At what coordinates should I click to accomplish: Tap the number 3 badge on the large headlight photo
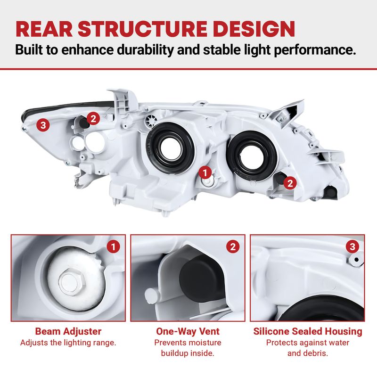click(43, 125)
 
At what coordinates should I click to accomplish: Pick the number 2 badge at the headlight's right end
click(290, 183)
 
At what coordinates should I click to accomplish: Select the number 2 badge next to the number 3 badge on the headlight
click(93, 118)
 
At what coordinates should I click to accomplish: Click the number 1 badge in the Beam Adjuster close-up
click(113, 246)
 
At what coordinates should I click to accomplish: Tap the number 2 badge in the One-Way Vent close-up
click(233, 246)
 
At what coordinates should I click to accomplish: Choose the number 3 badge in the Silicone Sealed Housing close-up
click(352, 246)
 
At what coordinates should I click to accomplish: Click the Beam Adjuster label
click(68, 331)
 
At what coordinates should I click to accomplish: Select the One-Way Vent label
click(188, 331)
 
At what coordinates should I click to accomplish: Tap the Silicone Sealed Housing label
click(307, 331)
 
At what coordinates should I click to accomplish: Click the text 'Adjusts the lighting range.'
click(68, 343)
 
